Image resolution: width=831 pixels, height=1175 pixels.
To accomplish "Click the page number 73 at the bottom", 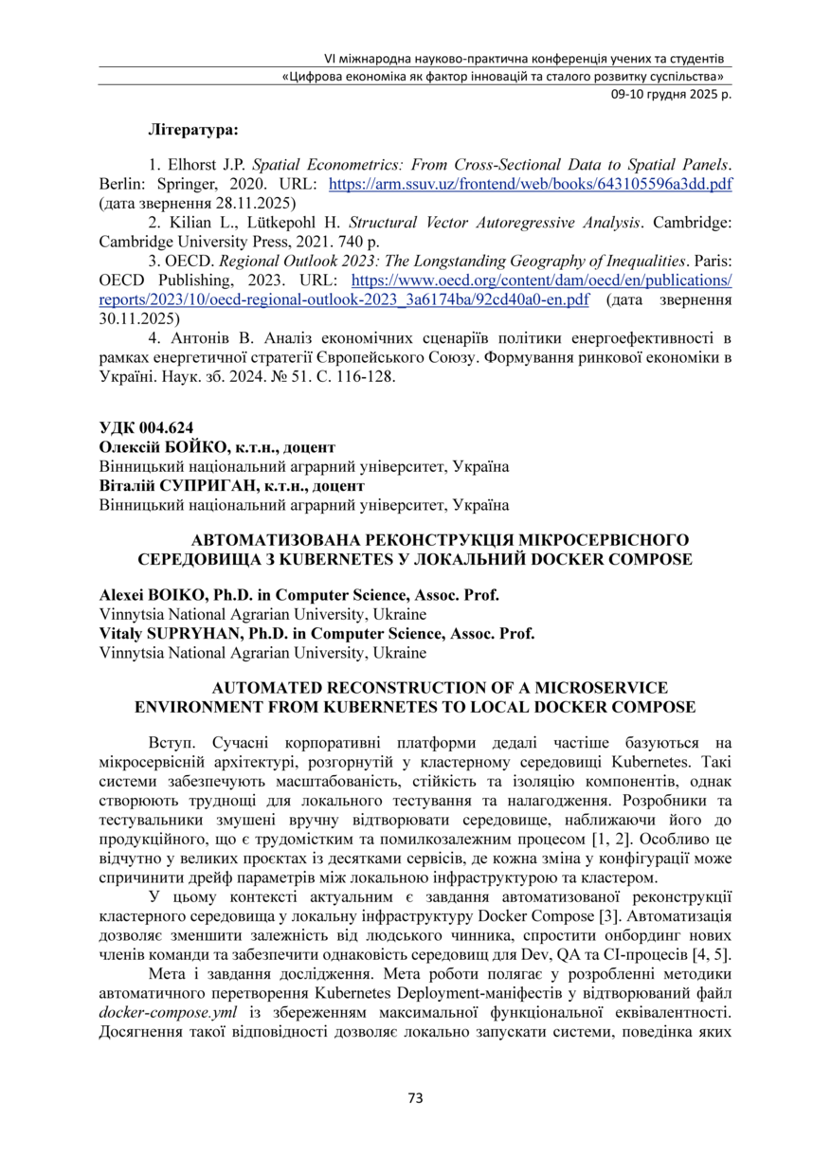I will [415, 1098].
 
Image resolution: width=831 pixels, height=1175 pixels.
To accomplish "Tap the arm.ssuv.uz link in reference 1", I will [530, 183].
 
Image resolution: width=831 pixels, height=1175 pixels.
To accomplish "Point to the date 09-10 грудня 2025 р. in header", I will [669, 94].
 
